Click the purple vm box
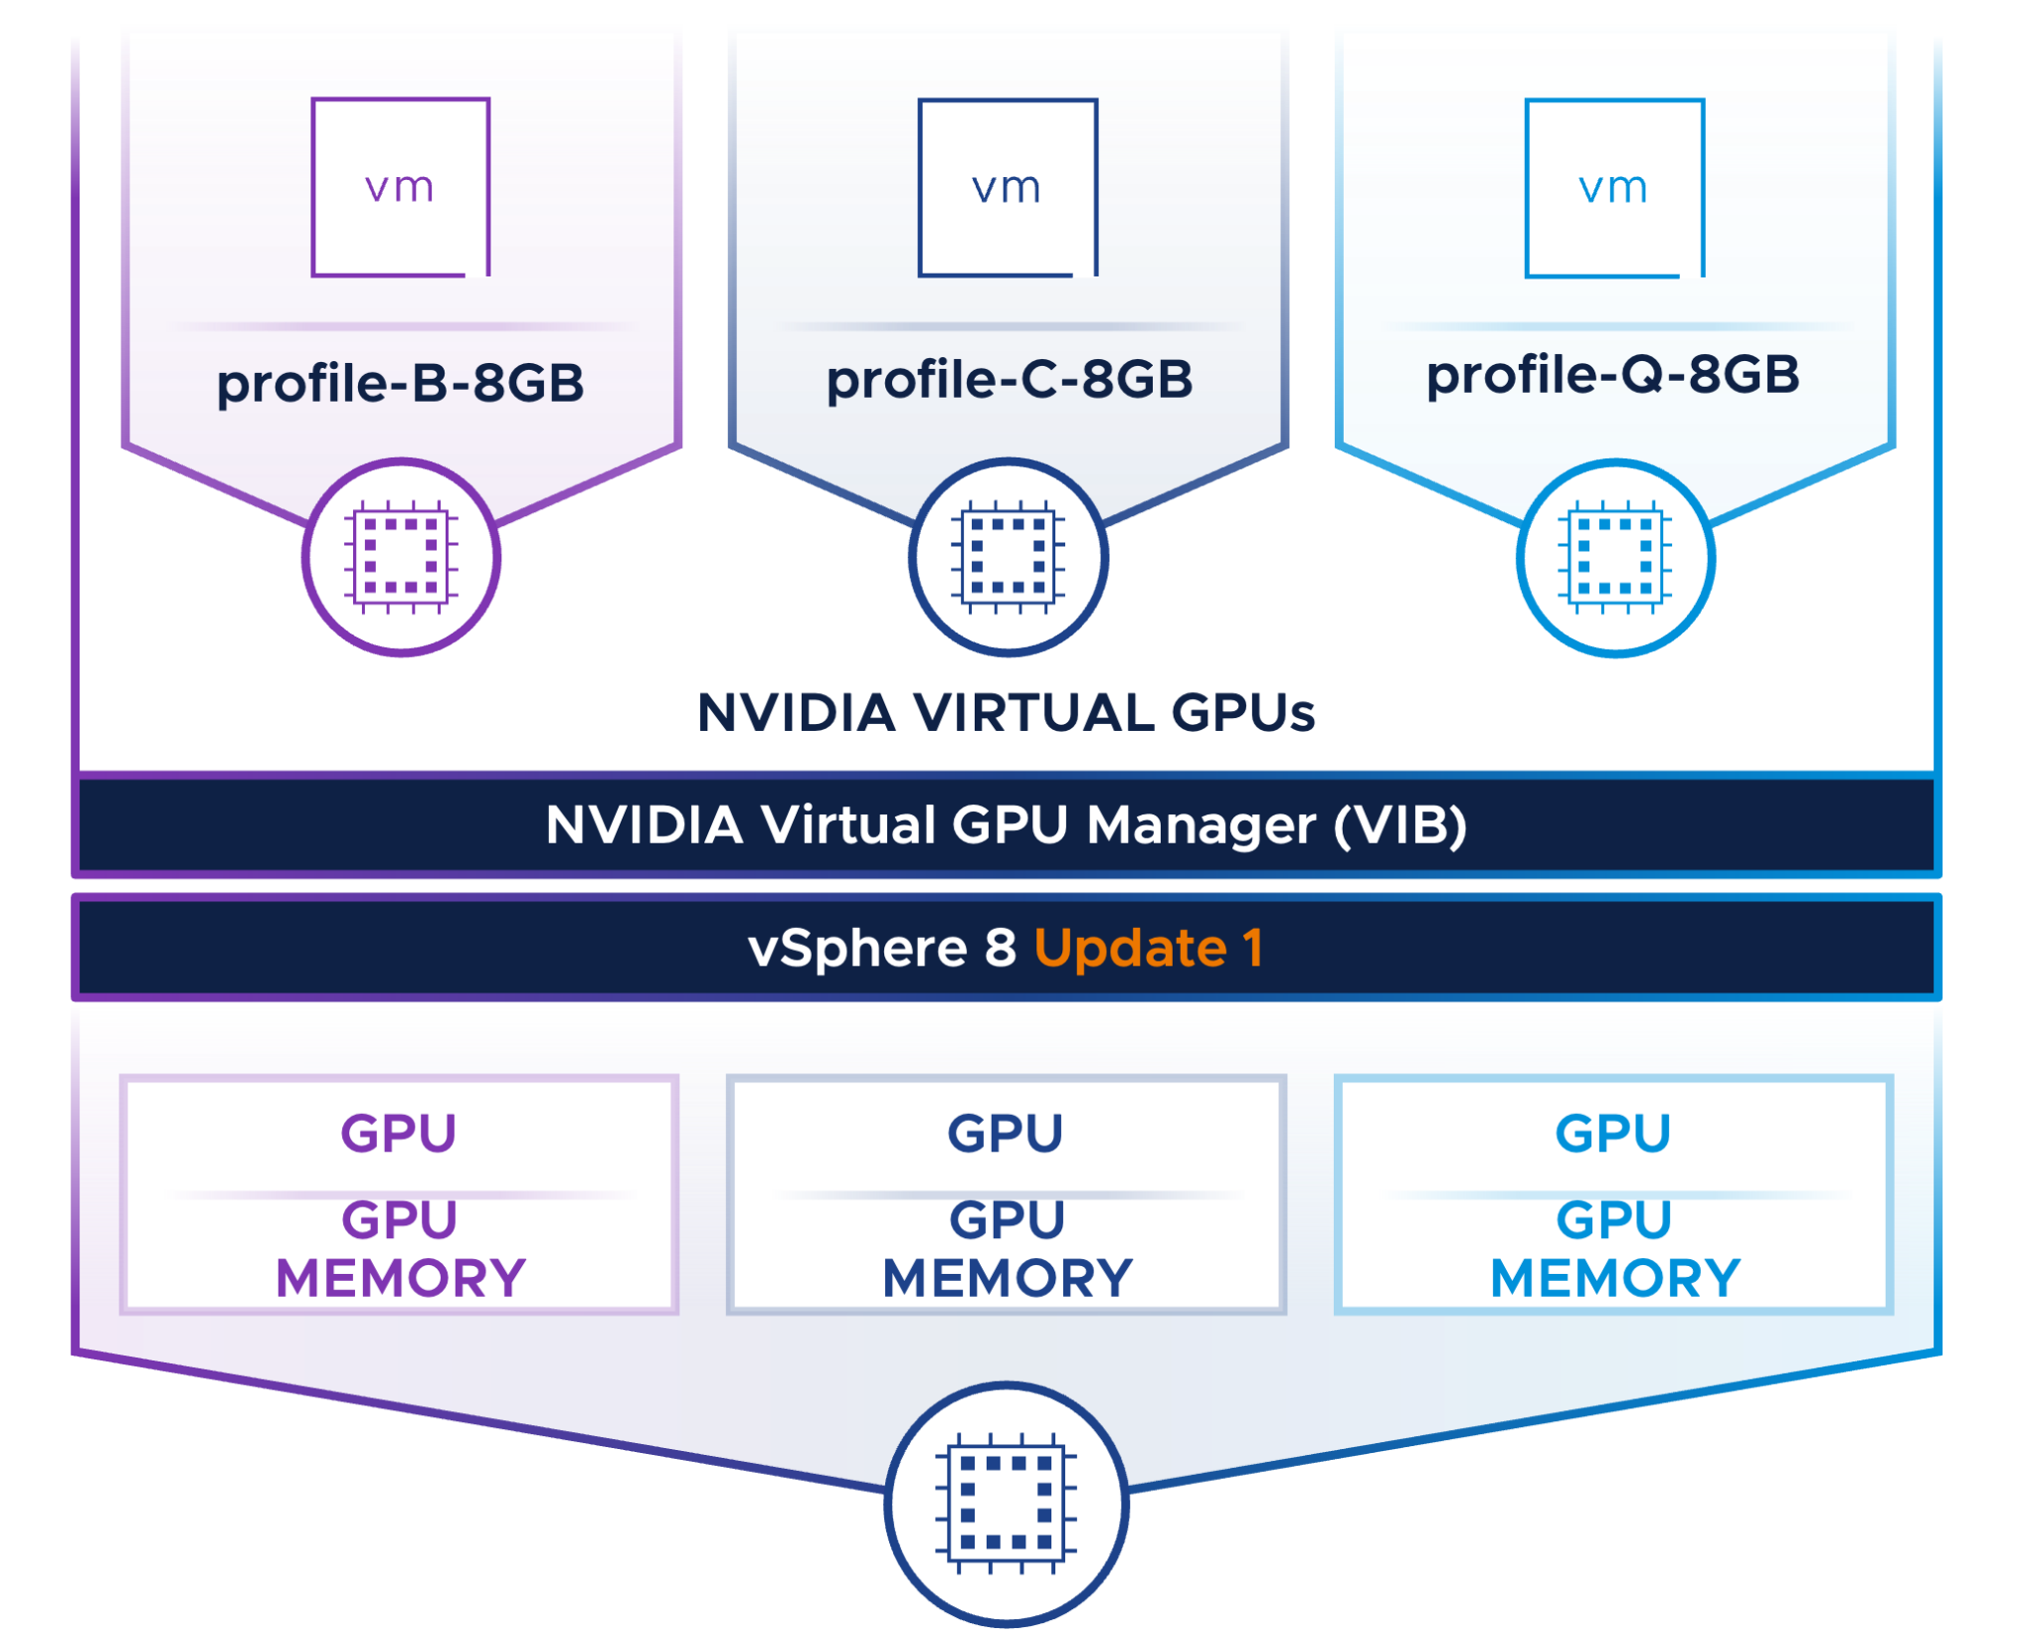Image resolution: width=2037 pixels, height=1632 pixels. tap(401, 186)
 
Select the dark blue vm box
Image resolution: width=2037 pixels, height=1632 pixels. tap(1008, 186)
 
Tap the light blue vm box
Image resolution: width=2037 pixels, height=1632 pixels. tap(1614, 186)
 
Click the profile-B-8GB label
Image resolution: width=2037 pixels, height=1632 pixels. tap(401, 383)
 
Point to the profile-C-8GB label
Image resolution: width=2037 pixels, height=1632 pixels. tap(1009, 379)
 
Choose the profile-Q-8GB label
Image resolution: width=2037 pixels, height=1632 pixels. tap(1612, 375)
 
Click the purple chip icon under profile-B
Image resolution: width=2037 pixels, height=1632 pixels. tap(401, 557)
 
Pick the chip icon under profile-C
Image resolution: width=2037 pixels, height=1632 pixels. tap(1008, 557)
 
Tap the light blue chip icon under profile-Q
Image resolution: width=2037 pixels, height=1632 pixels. tap(1615, 557)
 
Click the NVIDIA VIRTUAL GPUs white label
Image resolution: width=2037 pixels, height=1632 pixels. tap(1006, 712)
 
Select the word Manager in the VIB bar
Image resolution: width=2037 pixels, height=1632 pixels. tap(1201, 825)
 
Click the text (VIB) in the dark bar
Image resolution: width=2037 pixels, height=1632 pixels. tap(1400, 825)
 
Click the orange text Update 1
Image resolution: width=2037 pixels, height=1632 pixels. tap(1149, 948)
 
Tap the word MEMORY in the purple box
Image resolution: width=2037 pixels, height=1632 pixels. tap(401, 1278)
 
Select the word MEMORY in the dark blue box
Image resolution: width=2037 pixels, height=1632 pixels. tap(1008, 1278)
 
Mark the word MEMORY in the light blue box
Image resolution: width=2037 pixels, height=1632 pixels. tap(1615, 1278)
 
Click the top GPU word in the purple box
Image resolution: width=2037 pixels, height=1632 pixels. tap(399, 1133)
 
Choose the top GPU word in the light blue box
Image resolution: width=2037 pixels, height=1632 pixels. tap(1613, 1133)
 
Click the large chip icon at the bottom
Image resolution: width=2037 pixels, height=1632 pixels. tap(1007, 1504)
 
